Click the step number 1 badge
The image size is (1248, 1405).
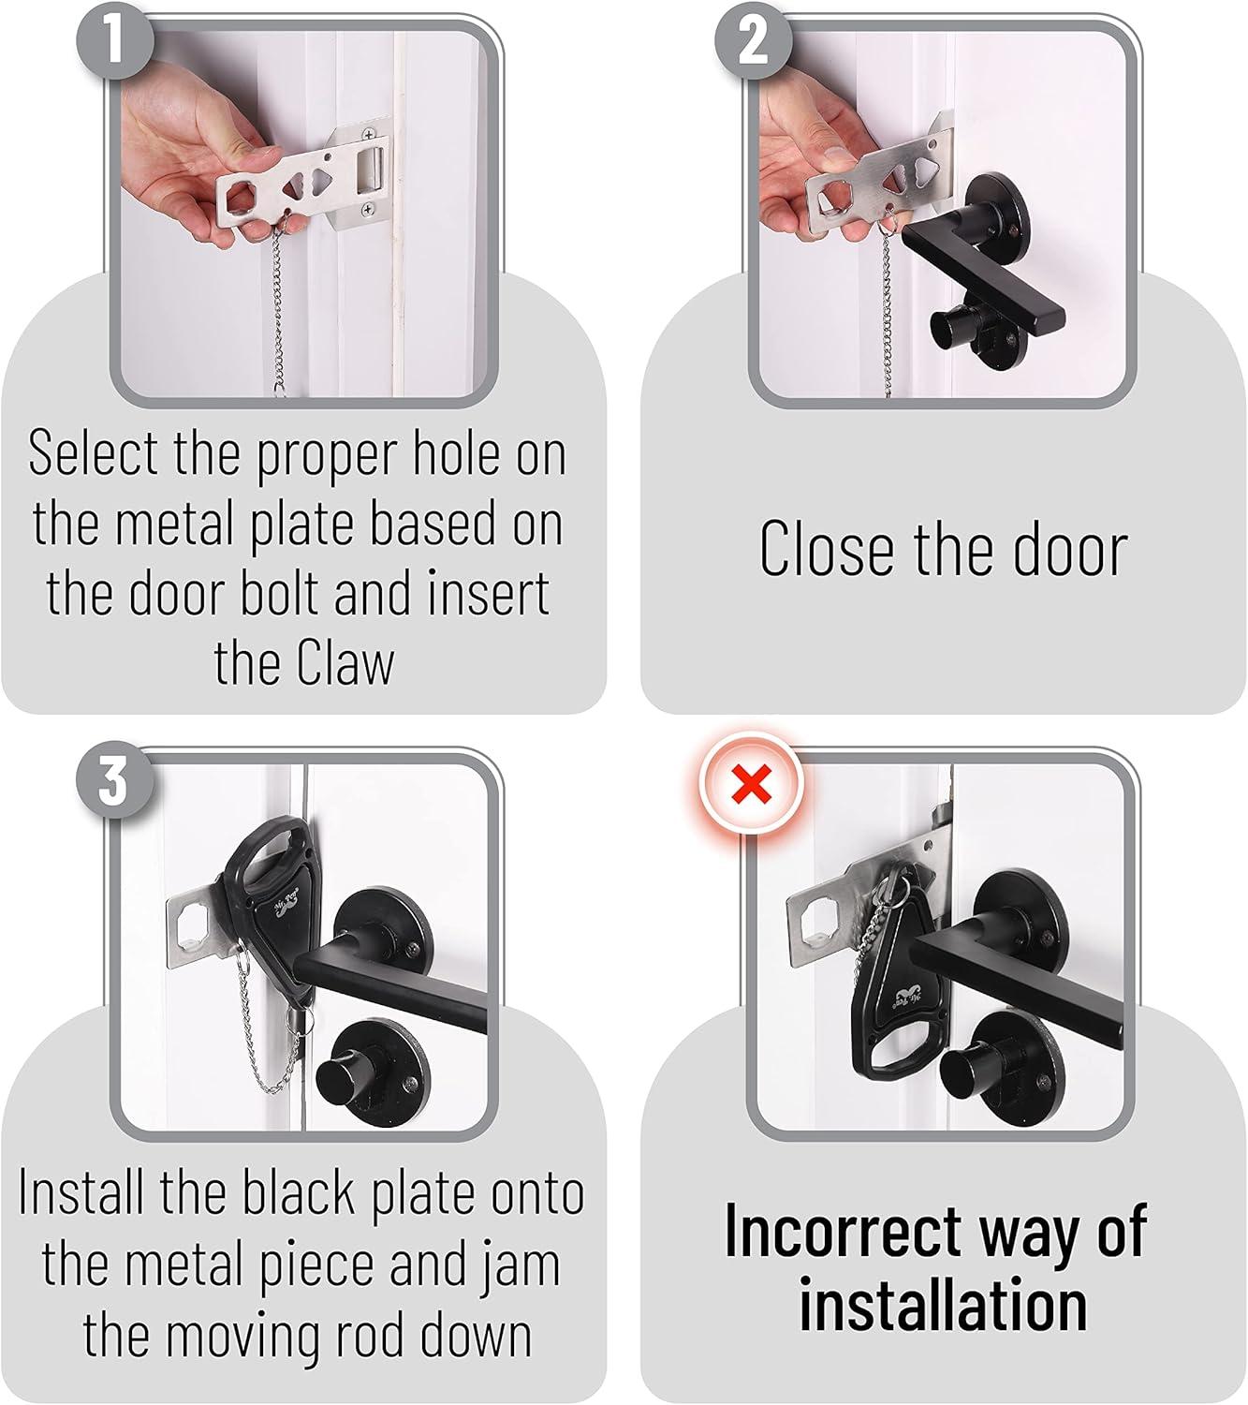click(x=114, y=42)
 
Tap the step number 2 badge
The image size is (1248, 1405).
click(x=754, y=42)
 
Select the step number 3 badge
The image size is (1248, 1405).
click(x=114, y=779)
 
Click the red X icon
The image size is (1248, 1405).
click(x=752, y=785)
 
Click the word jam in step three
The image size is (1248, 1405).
click(x=521, y=1264)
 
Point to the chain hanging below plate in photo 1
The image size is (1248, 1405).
click(x=286, y=318)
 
